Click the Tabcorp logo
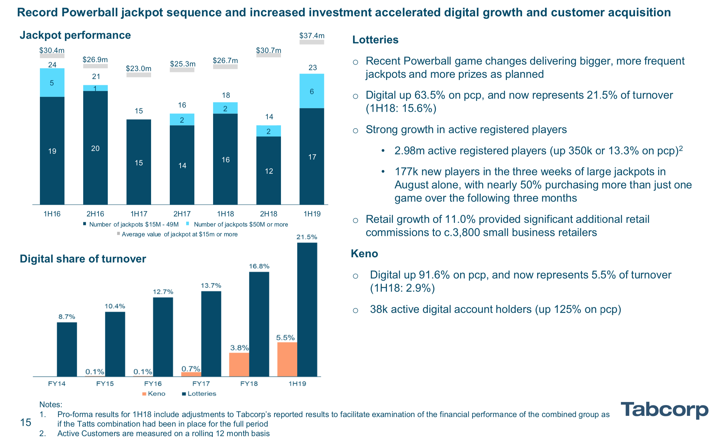664,410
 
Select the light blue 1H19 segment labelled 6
312,91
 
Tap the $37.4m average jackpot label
312,36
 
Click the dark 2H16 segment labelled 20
95,148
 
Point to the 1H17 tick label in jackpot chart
139,214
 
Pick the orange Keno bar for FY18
239,364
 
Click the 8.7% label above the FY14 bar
67,317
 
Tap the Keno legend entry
154,394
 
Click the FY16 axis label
153,384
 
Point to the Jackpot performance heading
75,35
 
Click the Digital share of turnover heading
83,259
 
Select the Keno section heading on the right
364,254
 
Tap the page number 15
25,423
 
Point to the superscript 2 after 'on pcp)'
681,148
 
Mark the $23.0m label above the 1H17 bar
138,69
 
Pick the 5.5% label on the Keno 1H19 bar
285,338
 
